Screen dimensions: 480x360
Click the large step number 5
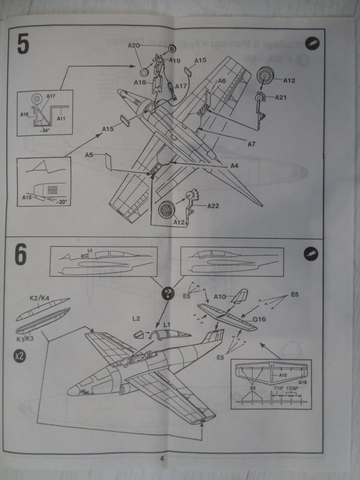(x=22, y=44)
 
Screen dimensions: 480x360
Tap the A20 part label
(x=134, y=45)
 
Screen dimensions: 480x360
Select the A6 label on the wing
(x=222, y=82)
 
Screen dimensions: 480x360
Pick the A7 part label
(x=251, y=144)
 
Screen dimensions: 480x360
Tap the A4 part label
(x=235, y=166)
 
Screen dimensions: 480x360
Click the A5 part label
(x=89, y=154)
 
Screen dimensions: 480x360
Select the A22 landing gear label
(x=213, y=206)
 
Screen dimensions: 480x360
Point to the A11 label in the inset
(x=61, y=119)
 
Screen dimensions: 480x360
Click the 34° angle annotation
(x=44, y=130)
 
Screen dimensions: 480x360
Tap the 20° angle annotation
(x=62, y=202)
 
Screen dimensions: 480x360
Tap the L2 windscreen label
(x=136, y=318)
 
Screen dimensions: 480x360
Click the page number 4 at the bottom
(x=162, y=459)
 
